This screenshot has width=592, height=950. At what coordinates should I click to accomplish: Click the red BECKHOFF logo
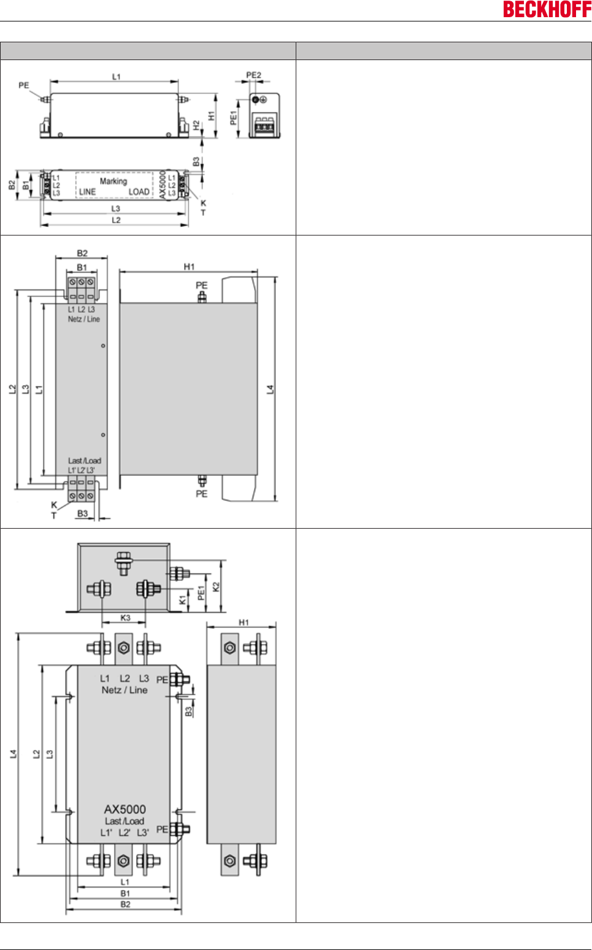point(547,9)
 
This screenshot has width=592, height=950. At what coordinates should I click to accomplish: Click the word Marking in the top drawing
point(113,181)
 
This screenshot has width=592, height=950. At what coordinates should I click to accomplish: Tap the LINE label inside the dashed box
point(88,192)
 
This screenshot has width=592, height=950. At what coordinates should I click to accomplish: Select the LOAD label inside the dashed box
point(139,192)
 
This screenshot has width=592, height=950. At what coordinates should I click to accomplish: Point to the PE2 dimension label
point(253,75)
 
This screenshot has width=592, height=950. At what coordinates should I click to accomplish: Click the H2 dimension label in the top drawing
point(196,126)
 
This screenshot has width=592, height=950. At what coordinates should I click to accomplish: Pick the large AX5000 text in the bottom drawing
point(125,809)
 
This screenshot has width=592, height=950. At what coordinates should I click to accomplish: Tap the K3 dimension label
point(125,618)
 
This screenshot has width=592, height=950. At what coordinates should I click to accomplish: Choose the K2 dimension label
point(216,587)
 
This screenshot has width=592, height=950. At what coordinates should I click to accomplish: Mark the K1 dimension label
point(182,600)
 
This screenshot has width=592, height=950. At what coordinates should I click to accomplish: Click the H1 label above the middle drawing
point(189,267)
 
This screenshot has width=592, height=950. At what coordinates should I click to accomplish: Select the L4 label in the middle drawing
point(270,389)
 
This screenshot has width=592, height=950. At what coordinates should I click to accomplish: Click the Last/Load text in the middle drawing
point(85,461)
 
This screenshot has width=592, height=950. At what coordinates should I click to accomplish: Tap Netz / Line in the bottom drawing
point(125,690)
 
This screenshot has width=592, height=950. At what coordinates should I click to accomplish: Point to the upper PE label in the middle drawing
point(201,285)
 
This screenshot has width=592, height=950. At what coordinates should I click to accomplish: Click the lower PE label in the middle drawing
point(201,494)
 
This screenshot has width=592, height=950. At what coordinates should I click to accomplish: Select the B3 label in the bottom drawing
point(188,711)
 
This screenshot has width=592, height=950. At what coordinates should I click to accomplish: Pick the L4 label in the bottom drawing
point(13,754)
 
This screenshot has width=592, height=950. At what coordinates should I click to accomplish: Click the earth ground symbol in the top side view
point(263,100)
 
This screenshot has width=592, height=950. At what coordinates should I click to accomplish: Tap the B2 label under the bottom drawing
point(125,905)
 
